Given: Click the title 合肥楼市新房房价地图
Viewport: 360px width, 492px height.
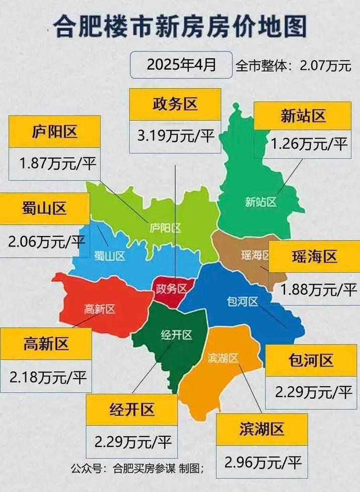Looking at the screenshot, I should (180, 26).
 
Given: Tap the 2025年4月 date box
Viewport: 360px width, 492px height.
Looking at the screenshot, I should (181, 64).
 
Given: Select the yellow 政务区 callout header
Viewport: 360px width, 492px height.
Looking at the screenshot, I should (175, 104).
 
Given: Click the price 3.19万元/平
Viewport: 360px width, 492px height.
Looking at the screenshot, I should (175, 136).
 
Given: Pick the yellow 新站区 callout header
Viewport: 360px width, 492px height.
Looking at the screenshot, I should (303, 116).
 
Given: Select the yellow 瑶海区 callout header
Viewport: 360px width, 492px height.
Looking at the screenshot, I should (314, 257).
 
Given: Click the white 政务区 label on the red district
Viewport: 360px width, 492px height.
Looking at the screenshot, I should (171, 289).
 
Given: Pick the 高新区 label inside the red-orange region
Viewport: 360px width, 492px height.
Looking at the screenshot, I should (99, 309).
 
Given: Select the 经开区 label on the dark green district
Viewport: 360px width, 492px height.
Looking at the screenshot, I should (176, 335).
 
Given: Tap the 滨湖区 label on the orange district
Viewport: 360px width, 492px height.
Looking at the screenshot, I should (222, 357).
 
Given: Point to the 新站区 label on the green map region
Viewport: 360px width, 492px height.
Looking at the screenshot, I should (261, 202).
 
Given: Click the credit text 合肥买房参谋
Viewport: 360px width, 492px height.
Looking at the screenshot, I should (144, 469).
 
